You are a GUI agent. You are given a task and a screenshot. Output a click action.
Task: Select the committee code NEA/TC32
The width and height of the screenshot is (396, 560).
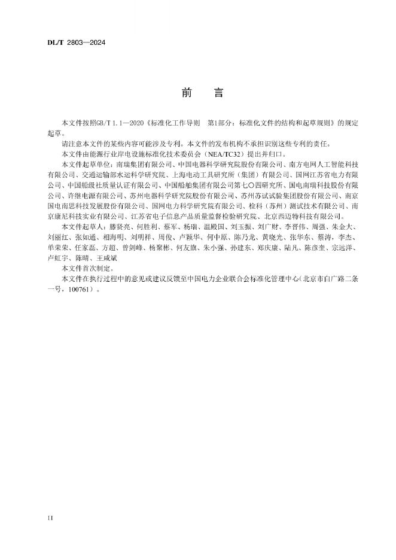click(221, 154)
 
